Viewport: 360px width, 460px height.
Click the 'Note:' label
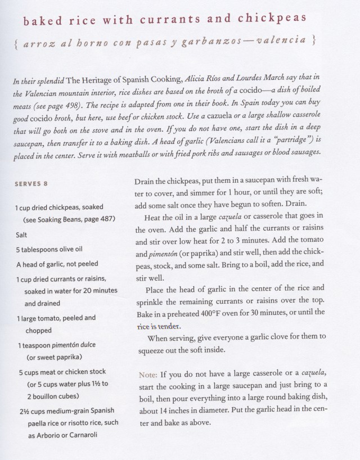pos(149,374)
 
